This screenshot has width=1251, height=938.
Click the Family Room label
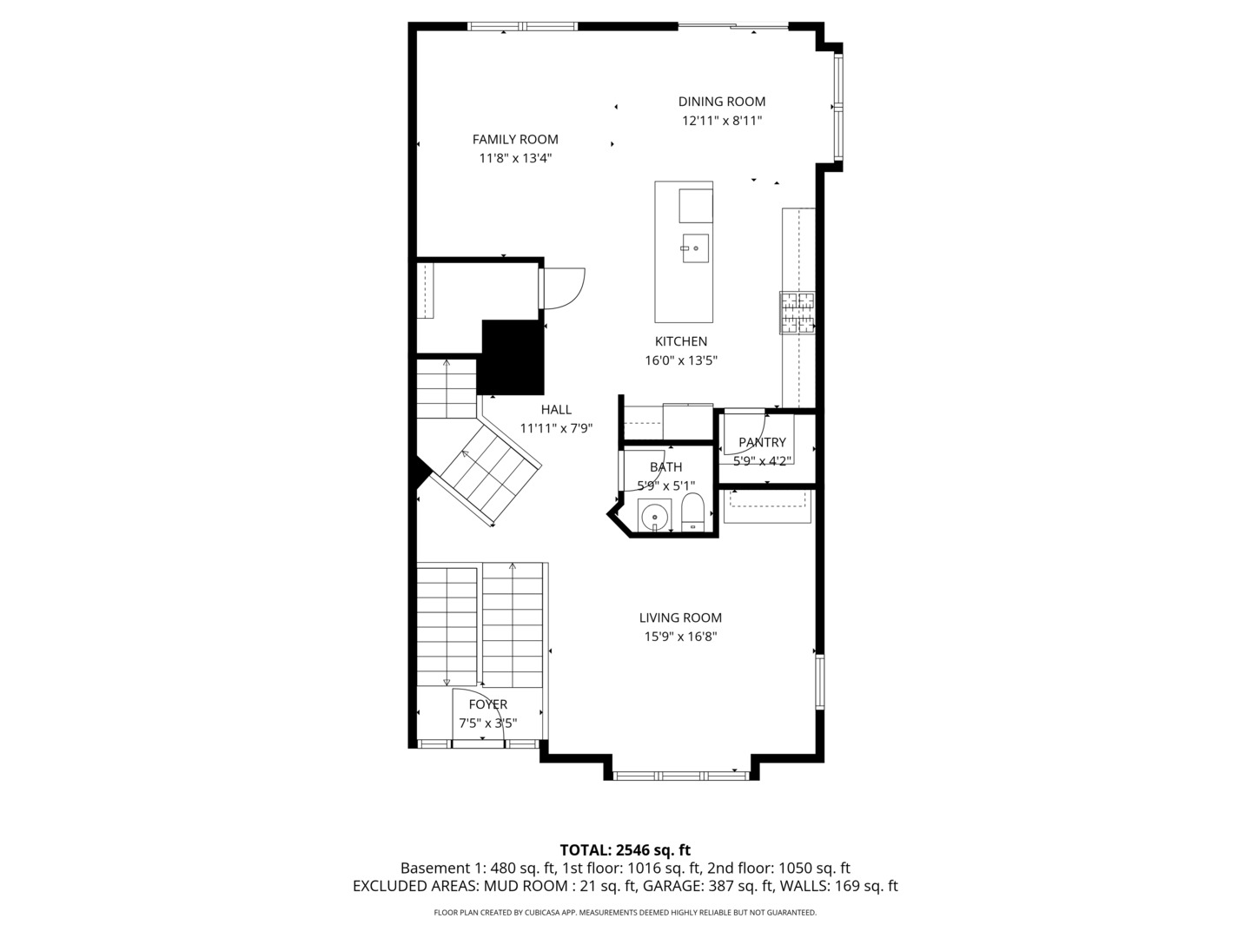(x=515, y=139)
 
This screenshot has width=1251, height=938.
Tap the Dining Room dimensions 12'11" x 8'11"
(x=721, y=121)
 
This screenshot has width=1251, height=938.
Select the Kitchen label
(x=681, y=341)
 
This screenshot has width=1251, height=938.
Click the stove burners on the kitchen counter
(x=798, y=313)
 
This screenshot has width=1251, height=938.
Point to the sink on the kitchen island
(x=695, y=248)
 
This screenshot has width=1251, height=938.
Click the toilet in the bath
(x=692, y=512)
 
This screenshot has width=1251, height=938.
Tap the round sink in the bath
(x=654, y=516)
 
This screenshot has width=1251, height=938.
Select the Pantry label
(x=762, y=442)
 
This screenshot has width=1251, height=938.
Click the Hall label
(x=556, y=410)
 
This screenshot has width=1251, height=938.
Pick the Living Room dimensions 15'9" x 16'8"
(x=680, y=637)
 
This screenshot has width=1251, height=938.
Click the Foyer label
(x=487, y=704)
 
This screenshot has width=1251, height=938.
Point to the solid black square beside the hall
(x=513, y=357)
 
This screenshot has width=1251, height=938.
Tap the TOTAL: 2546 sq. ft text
(x=625, y=850)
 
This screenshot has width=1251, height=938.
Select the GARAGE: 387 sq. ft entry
(x=708, y=886)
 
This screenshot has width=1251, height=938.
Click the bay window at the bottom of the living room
(x=681, y=775)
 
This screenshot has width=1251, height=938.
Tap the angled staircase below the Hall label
(x=486, y=474)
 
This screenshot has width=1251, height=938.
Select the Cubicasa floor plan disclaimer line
(x=625, y=912)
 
